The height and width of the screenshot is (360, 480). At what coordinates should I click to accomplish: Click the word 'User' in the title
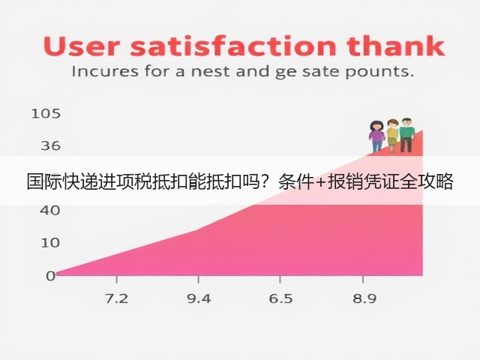point(81,46)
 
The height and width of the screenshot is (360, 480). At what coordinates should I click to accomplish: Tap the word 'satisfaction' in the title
point(233,46)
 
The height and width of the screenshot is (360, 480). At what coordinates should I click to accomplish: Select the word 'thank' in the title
point(395,46)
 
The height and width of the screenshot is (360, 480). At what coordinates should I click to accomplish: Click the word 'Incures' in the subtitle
point(105,72)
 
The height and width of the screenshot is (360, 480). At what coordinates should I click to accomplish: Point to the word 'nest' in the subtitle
point(210,72)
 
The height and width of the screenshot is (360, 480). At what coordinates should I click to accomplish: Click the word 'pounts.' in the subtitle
point(379,73)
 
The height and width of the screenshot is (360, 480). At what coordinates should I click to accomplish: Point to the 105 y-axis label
point(46,114)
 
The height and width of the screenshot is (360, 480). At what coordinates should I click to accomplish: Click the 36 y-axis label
point(51,145)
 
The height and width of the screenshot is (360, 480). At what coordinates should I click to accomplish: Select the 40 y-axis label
point(50,211)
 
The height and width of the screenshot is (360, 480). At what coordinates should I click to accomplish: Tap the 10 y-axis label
point(50,243)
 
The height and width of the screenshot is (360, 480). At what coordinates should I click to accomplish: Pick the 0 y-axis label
point(50,276)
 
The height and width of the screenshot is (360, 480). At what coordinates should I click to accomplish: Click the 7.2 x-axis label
point(117,298)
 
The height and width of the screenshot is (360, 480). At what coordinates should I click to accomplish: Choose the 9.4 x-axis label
point(199,298)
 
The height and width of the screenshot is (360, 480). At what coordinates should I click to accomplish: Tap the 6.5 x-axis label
point(280,298)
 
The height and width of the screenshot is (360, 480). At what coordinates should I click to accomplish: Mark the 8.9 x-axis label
point(364,298)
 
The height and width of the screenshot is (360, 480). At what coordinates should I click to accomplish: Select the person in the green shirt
point(406,135)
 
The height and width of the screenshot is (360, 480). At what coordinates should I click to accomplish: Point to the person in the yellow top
point(391,136)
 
